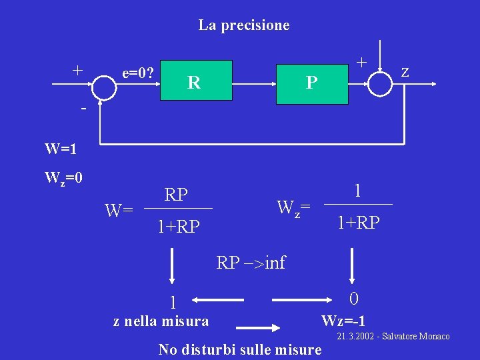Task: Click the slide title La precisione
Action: coord(243,25)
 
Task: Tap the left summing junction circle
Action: coord(103,85)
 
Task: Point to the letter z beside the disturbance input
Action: coord(405,70)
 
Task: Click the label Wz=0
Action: coord(63,178)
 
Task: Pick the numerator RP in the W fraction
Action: coord(176,195)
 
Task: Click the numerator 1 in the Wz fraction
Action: coord(358,191)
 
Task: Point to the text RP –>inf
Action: coord(251,263)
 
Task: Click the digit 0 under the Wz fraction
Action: coord(354,298)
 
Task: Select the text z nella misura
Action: coord(161,321)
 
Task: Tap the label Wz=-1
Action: coord(343,321)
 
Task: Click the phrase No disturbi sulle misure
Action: coord(239,349)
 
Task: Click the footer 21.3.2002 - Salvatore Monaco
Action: coord(393,337)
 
